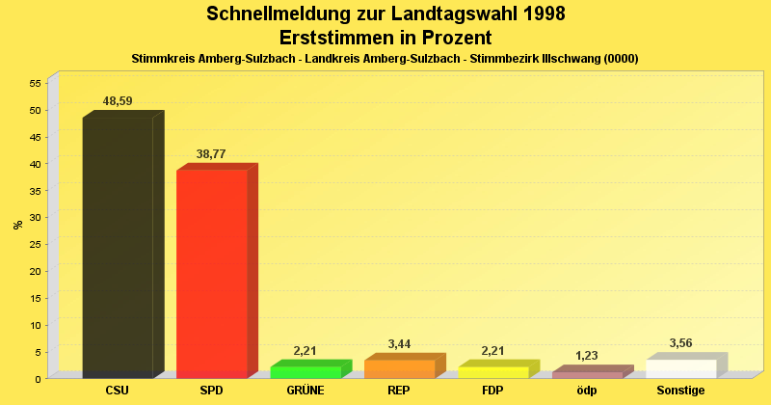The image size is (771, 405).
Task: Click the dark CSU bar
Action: click(x=118, y=246)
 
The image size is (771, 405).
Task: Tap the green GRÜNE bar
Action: click(x=305, y=372)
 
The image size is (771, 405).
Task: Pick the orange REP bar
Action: click(x=399, y=368)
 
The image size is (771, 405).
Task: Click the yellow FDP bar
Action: click(x=492, y=372)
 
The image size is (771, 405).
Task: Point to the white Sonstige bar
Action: click(x=680, y=368)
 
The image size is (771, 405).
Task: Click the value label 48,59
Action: click(x=118, y=101)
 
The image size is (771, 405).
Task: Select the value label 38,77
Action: click(x=211, y=154)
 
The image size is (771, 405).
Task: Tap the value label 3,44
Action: click(x=399, y=344)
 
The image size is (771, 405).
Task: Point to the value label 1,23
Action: click(x=587, y=356)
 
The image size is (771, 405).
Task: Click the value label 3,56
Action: click(x=680, y=343)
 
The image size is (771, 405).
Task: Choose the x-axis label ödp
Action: click(x=587, y=391)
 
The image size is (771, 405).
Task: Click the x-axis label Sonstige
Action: click(x=680, y=391)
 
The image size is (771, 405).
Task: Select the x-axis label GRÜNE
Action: click(x=305, y=391)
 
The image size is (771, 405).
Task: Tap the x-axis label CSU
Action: click(x=118, y=391)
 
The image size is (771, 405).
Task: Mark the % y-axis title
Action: click(x=17, y=225)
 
